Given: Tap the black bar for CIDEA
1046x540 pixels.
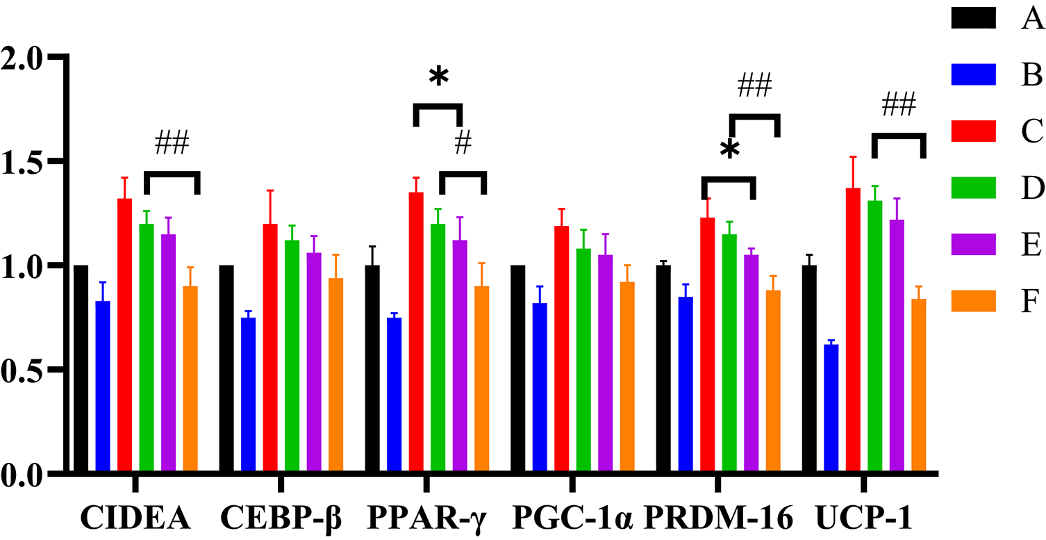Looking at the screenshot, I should coord(81,368).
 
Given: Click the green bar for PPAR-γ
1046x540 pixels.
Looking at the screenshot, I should coord(438,347).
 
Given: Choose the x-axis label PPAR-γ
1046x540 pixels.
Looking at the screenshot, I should coord(427,518).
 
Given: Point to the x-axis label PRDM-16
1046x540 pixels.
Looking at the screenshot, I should coord(719,518).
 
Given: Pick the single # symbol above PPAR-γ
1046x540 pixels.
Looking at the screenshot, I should coord(463,142).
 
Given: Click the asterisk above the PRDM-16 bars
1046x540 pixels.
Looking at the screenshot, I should coord(729,150).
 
